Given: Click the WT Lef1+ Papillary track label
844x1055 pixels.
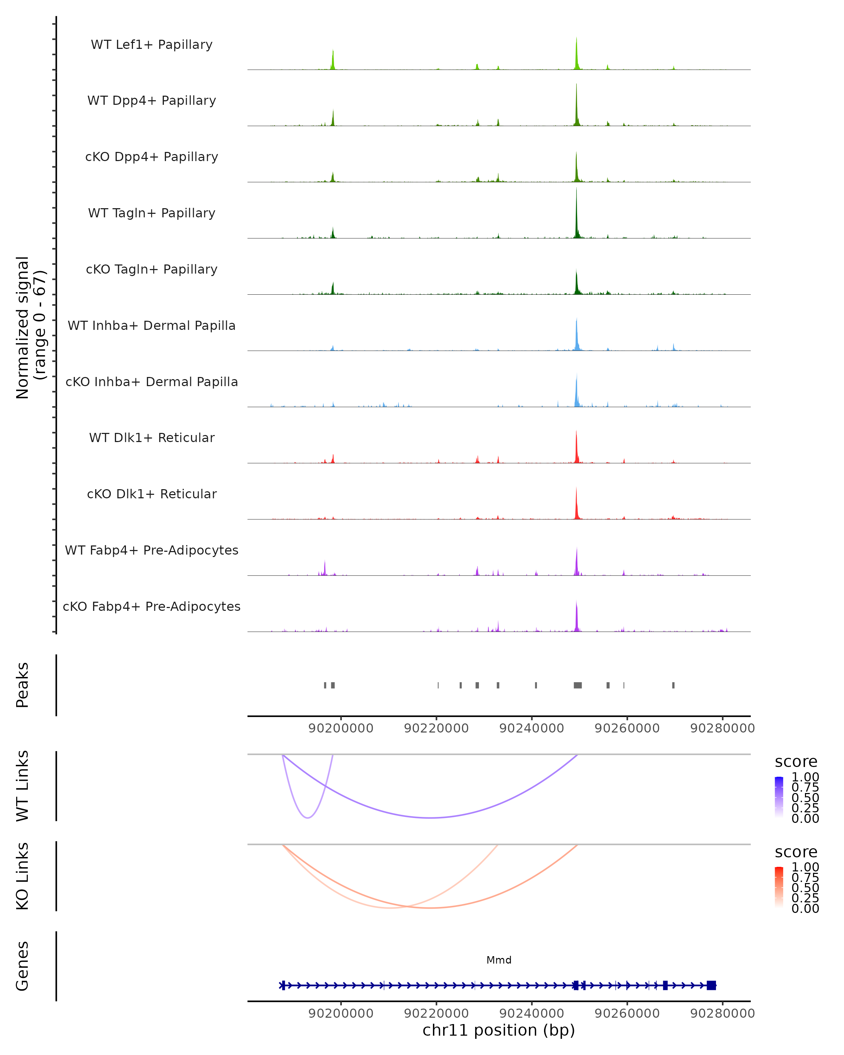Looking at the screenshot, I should coord(152,45).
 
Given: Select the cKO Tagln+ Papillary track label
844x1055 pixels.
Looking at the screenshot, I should coord(152,269).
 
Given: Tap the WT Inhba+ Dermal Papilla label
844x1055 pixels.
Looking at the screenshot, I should coord(152,325).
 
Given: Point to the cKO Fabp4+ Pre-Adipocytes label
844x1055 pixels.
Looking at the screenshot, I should coord(152,606).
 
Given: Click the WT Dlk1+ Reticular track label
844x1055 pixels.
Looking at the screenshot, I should coord(152,437).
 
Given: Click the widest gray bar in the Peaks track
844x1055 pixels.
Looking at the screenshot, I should coord(578,685).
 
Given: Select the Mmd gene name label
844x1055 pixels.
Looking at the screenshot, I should coord(499,960).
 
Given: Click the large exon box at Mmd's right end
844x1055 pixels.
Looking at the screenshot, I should coord(711,985).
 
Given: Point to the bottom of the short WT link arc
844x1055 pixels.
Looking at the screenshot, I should coord(307,818).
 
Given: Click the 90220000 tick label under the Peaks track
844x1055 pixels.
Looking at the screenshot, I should coord(436,728).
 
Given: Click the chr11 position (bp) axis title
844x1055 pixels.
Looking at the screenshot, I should coord(499,1030).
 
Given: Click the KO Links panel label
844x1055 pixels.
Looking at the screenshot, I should coord(23,876).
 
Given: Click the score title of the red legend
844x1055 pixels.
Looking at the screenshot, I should coord(795,852).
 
